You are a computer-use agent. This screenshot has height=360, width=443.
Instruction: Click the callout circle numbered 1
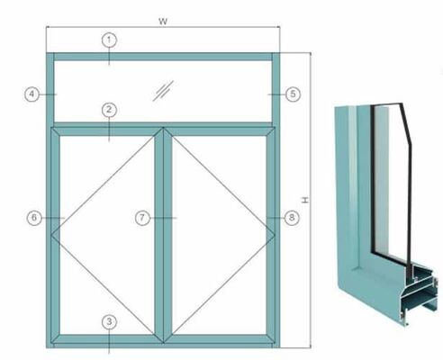point(109,40)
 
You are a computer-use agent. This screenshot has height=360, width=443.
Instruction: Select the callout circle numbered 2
point(109,110)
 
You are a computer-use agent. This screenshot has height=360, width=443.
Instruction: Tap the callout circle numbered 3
point(109,321)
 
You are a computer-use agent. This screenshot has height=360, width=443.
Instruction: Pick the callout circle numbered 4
point(31,93)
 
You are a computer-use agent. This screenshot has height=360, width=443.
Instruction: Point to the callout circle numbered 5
point(293,93)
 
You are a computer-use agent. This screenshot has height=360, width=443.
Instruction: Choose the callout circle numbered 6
point(34,218)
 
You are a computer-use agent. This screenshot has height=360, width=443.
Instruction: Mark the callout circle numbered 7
point(142,218)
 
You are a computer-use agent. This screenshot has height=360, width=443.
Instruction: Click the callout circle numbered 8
point(291,218)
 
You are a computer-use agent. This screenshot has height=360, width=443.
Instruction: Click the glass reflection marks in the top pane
point(162,89)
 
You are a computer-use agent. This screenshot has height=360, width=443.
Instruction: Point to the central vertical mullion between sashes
point(163,234)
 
